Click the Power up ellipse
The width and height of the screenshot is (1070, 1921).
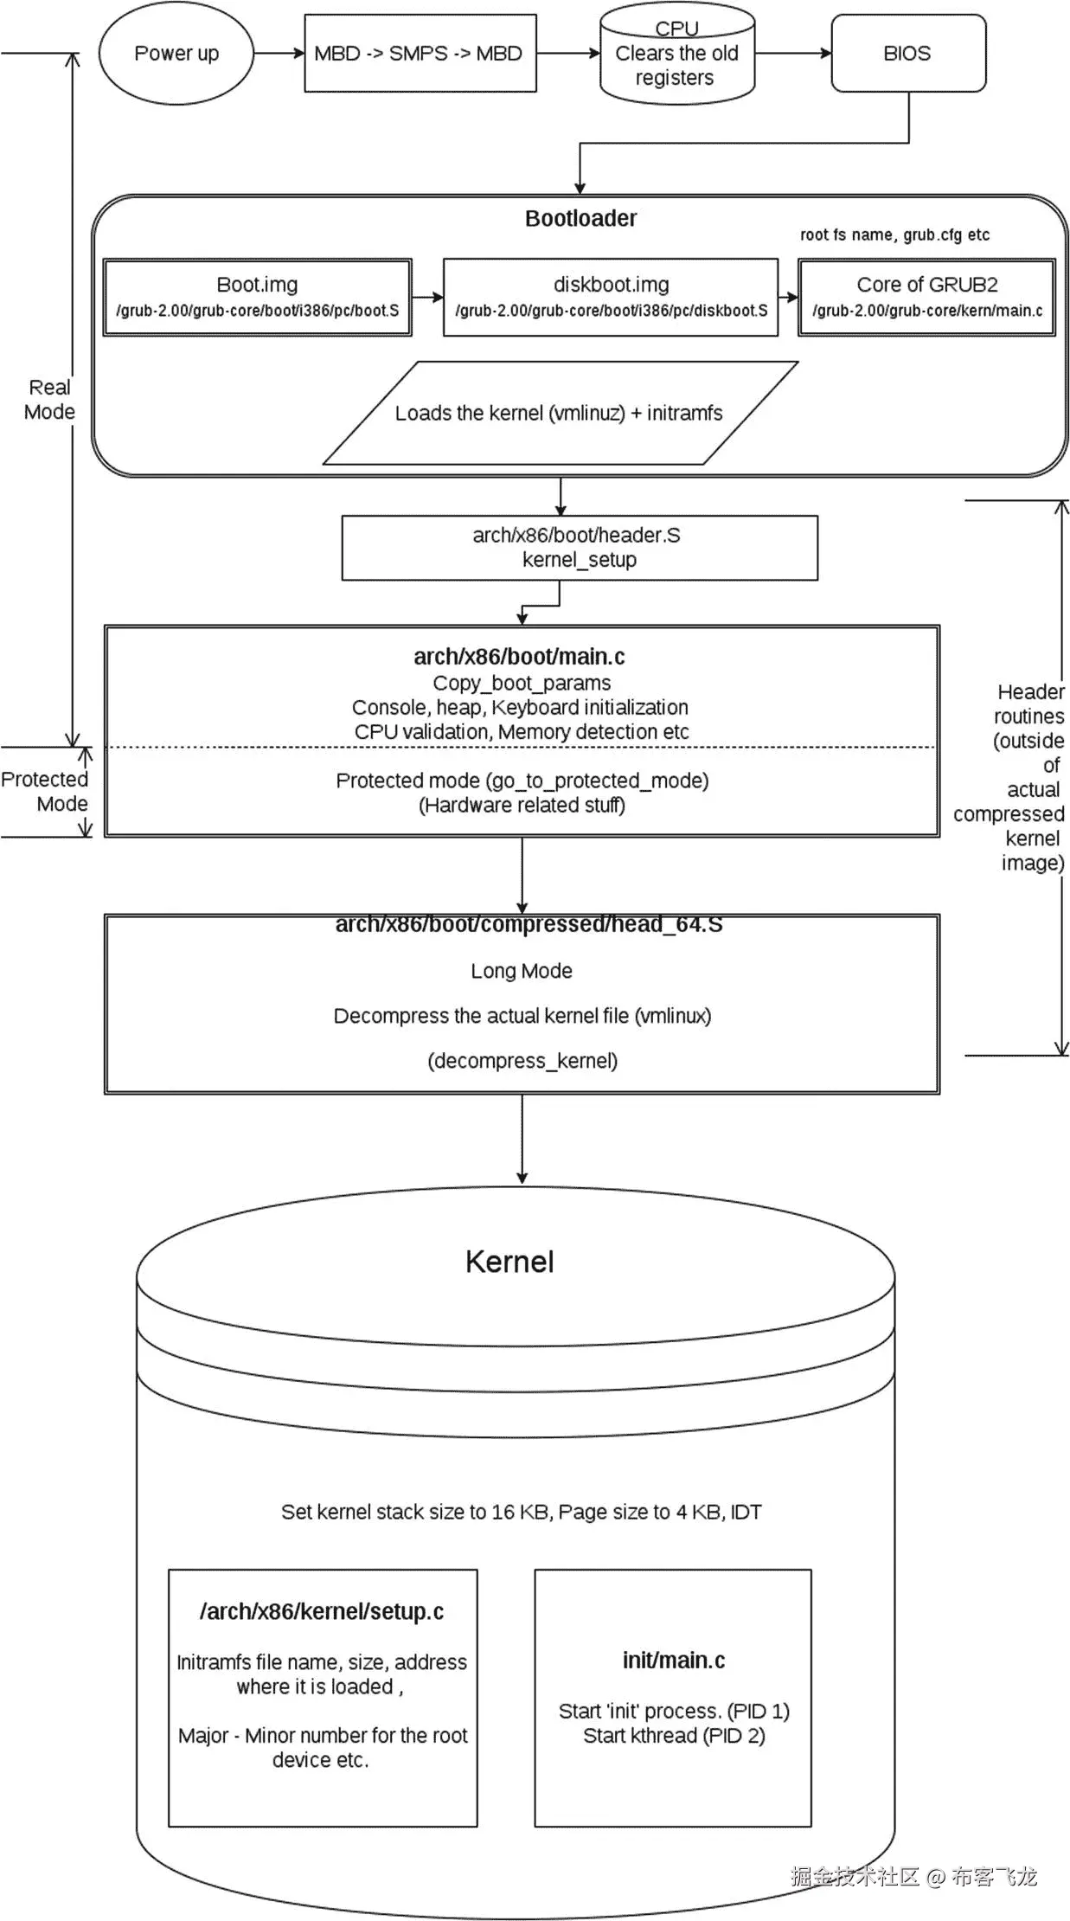click(x=176, y=54)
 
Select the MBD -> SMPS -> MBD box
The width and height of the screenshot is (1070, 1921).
click(x=420, y=54)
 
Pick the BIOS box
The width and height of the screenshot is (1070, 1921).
click(x=907, y=54)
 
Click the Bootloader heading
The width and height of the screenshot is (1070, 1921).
click(x=580, y=218)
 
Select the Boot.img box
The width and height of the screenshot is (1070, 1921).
click(x=257, y=297)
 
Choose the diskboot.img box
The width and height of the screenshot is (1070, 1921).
click(x=611, y=297)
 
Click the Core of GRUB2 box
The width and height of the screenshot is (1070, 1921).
click(x=926, y=297)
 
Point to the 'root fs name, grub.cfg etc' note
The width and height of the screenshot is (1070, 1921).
click(x=894, y=235)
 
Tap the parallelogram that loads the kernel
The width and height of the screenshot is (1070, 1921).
click(x=559, y=413)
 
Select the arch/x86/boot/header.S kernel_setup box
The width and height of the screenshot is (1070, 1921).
click(x=579, y=548)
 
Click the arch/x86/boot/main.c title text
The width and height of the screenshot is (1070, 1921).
click(x=519, y=657)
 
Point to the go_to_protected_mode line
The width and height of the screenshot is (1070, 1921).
click(x=522, y=781)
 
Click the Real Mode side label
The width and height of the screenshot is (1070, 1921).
click(x=49, y=399)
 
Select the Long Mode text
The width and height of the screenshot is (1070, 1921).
click(x=522, y=971)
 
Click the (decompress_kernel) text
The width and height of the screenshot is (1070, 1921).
click(x=522, y=1061)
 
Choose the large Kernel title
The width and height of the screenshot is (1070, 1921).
click(x=509, y=1262)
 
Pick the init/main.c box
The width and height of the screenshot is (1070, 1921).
click(x=673, y=1697)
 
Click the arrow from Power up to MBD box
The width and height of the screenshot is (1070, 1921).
click(x=279, y=54)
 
